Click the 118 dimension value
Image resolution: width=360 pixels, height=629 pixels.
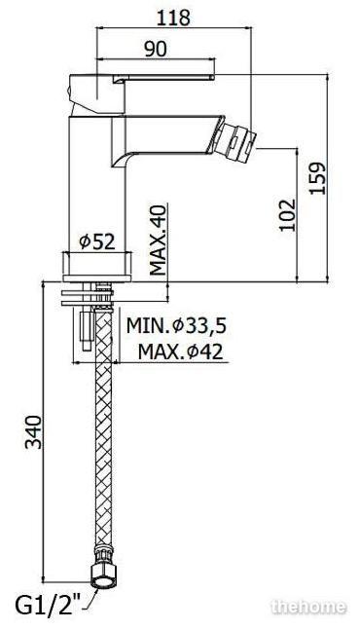(173, 18)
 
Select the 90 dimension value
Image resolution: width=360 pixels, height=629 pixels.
(155, 49)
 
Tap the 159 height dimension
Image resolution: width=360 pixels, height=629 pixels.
(317, 178)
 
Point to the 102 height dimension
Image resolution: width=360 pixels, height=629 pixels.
(287, 214)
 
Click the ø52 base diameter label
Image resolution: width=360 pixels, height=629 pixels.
(96, 241)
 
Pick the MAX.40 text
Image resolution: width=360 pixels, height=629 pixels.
(158, 240)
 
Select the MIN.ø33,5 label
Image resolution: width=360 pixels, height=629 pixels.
(176, 325)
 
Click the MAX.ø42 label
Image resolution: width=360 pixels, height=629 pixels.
(180, 351)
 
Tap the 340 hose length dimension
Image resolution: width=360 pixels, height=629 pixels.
(33, 432)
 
